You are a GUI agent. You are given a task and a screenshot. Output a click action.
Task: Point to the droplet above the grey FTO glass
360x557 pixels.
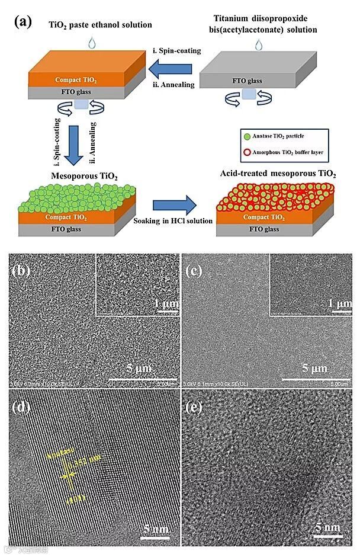pos(258,45)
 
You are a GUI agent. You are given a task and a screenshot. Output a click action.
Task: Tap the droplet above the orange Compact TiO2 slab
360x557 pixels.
pos(91,43)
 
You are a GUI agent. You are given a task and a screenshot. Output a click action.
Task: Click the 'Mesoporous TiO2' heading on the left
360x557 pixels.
pos(68,176)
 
